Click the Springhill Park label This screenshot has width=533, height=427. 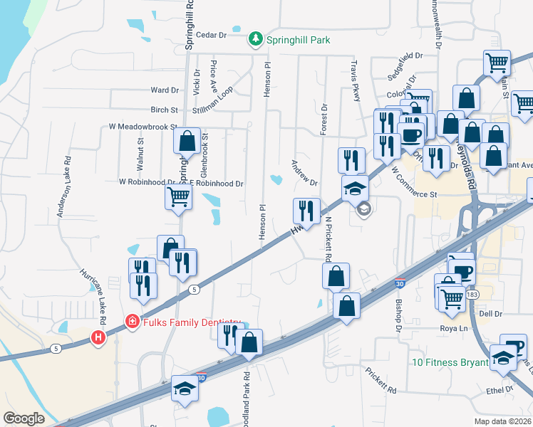click(x=298, y=40)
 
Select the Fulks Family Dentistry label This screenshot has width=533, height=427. click(x=188, y=322)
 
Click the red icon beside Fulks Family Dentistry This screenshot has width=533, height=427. click(x=131, y=322)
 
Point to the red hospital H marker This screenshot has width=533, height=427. click(x=98, y=337)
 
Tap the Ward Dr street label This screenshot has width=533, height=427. click(x=165, y=90)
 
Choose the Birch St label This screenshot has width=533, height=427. click(x=164, y=110)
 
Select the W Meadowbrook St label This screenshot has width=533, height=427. click(x=143, y=127)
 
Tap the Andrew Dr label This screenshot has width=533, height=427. click(x=304, y=172)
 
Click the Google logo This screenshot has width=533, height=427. click(x=24, y=418)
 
